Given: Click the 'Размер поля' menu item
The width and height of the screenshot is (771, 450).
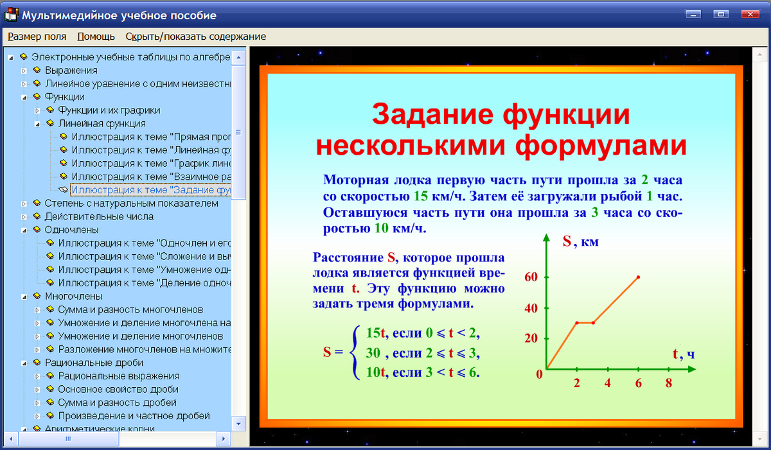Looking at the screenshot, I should (x=37, y=37).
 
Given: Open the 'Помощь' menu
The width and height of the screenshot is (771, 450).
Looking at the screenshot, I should (x=96, y=37).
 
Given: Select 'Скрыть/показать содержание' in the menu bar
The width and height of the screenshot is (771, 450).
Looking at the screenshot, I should (x=195, y=37).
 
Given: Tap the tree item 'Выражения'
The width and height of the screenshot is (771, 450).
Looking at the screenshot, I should (x=71, y=70).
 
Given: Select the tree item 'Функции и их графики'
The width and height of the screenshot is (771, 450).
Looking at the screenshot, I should (x=109, y=110).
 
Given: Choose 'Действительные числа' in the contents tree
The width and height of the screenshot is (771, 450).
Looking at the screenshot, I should (x=99, y=216).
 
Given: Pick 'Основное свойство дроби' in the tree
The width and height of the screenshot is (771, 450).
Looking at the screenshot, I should (x=118, y=390).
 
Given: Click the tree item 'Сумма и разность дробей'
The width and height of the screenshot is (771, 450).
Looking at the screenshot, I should (x=117, y=403).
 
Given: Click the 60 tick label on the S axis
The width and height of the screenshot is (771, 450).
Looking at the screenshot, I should (x=531, y=277).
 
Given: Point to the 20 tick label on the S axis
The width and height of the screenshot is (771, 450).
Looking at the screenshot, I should (x=531, y=338).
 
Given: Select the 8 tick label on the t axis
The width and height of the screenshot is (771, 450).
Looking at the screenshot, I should (x=669, y=383).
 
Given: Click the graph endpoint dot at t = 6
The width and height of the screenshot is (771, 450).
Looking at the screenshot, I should (x=638, y=277).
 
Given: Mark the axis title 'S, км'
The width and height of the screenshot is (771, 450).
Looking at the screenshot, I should (x=580, y=242).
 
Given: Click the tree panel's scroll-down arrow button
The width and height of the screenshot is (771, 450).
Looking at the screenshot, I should (x=238, y=424).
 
